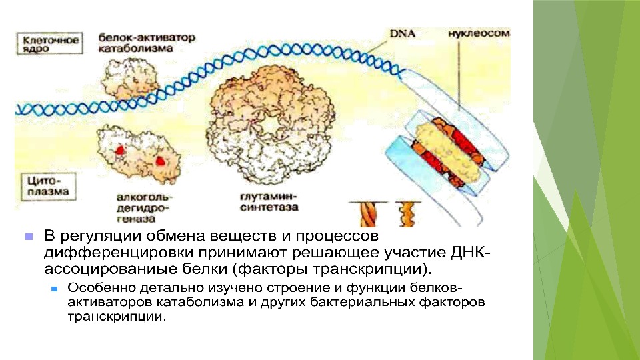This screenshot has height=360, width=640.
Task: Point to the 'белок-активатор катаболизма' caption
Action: click(x=147, y=43)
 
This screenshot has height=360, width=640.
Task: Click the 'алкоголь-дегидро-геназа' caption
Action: click(x=143, y=207)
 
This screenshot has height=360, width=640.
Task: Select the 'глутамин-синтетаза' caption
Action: click(x=269, y=202)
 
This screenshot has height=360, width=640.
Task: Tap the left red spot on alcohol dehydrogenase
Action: click(x=120, y=150)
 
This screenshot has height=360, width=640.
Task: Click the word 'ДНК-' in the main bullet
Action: click(x=474, y=254)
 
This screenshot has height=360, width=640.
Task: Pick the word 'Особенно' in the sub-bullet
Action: click(x=97, y=289)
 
